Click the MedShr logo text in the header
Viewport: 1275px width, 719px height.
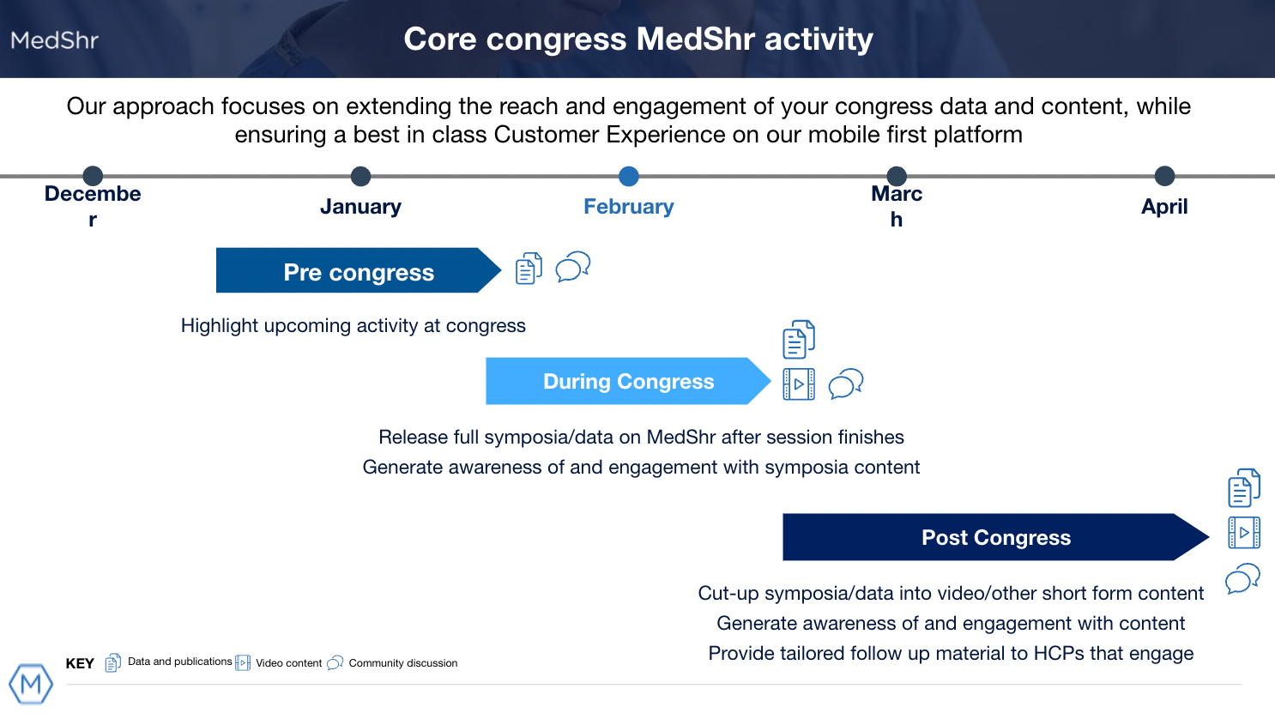[55, 40]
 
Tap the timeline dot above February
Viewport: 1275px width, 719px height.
[628, 176]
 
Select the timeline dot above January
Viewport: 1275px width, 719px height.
[361, 176]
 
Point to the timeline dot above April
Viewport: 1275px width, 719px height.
[1164, 176]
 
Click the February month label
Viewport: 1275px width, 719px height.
[628, 206]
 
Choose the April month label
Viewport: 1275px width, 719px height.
[1164, 206]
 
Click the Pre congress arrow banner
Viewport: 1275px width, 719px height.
[359, 270]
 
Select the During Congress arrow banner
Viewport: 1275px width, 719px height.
[628, 381]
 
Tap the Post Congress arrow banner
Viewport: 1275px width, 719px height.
[996, 537]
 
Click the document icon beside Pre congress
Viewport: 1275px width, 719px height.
[529, 269]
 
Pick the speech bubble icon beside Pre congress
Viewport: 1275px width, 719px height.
[573, 267]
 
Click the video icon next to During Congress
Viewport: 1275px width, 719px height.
[799, 384]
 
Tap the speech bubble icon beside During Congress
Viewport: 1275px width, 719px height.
[846, 384]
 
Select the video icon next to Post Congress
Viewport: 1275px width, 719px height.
[1244, 533]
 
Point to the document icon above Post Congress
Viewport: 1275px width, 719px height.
[1244, 488]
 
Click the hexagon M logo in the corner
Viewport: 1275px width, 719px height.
[31, 684]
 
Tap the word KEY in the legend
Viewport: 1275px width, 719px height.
[80, 664]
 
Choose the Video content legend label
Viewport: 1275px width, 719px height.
[288, 663]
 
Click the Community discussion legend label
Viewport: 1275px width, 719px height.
[403, 663]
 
